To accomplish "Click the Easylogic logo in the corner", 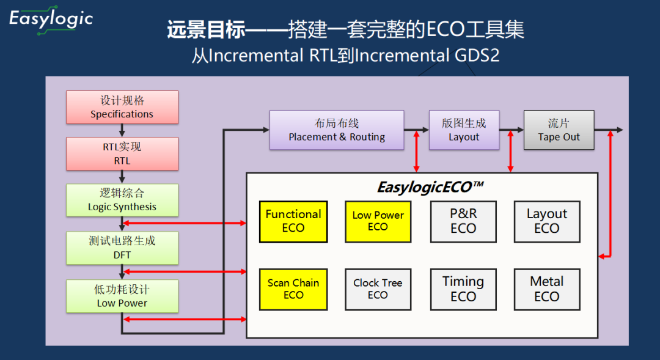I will click(x=51, y=20).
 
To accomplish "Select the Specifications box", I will click(x=122, y=107).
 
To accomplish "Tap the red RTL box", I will click(x=122, y=153).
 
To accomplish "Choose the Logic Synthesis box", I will click(x=122, y=200).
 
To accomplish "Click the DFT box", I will click(x=122, y=248).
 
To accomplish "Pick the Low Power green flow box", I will click(x=122, y=296).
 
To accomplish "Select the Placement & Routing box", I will click(x=337, y=130).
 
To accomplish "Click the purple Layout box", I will click(x=464, y=130).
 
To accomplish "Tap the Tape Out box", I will click(x=559, y=130).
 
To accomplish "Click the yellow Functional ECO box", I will click(x=293, y=221).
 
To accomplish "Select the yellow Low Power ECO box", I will click(x=378, y=221).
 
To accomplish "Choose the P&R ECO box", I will click(x=463, y=221).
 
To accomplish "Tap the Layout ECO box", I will click(x=546, y=221).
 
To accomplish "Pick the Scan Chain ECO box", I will click(x=293, y=289).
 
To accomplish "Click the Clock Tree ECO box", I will click(x=378, y=289).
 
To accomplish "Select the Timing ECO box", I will click(x=463, y=289).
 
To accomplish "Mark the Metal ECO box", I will click(x=546, y=289).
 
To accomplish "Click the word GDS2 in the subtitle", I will click(x=477, y=56).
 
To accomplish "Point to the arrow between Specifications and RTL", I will click(x=122, y=130).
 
